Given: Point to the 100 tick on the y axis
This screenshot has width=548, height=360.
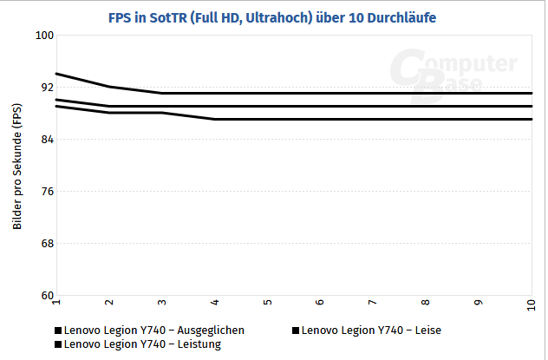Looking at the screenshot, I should pos(43,36).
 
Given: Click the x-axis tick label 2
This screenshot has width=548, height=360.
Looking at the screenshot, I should pos(109,304).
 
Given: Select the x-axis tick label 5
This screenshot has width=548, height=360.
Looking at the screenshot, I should pos(268,304).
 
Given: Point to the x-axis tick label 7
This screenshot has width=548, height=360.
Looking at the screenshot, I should pos(373,304).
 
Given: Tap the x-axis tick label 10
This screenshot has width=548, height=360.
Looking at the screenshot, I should pos(531,305).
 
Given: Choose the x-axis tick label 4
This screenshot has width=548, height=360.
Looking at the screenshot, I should pos(215,304).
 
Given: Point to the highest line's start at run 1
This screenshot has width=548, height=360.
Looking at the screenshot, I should pos(56,74).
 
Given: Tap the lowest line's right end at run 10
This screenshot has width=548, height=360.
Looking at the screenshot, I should pos(532,119).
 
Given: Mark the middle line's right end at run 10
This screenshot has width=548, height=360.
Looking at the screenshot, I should pos(532,106).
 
